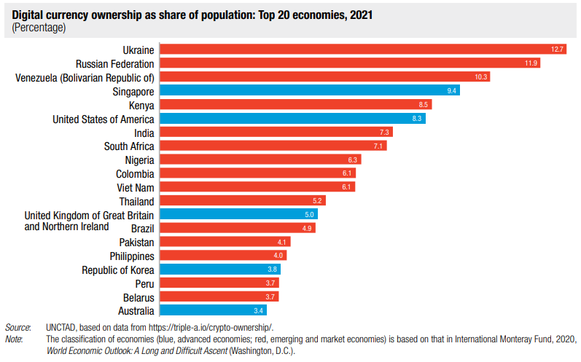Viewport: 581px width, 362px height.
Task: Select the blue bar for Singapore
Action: point(309,91)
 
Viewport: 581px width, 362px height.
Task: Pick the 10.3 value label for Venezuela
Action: point(480,77)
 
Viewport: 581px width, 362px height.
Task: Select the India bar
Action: point(276,133)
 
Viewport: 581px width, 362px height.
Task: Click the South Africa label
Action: point(129,146)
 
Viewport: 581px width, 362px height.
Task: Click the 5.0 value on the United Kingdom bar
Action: point(309,215)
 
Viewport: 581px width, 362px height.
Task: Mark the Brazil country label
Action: point(142,229)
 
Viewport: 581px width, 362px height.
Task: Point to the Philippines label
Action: point(131,256)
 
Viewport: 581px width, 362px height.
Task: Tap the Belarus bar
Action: point(219,297)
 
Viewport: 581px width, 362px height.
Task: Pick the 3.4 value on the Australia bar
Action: point(268,311)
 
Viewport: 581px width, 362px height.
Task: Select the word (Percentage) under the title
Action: point(39,28)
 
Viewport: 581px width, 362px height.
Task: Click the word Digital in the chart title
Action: point(28,15)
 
